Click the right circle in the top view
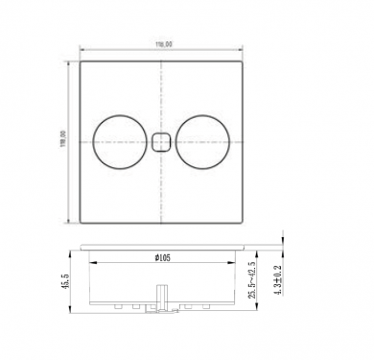202,142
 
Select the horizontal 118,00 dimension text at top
161,43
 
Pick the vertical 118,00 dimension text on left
63,141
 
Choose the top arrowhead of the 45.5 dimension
70,252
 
